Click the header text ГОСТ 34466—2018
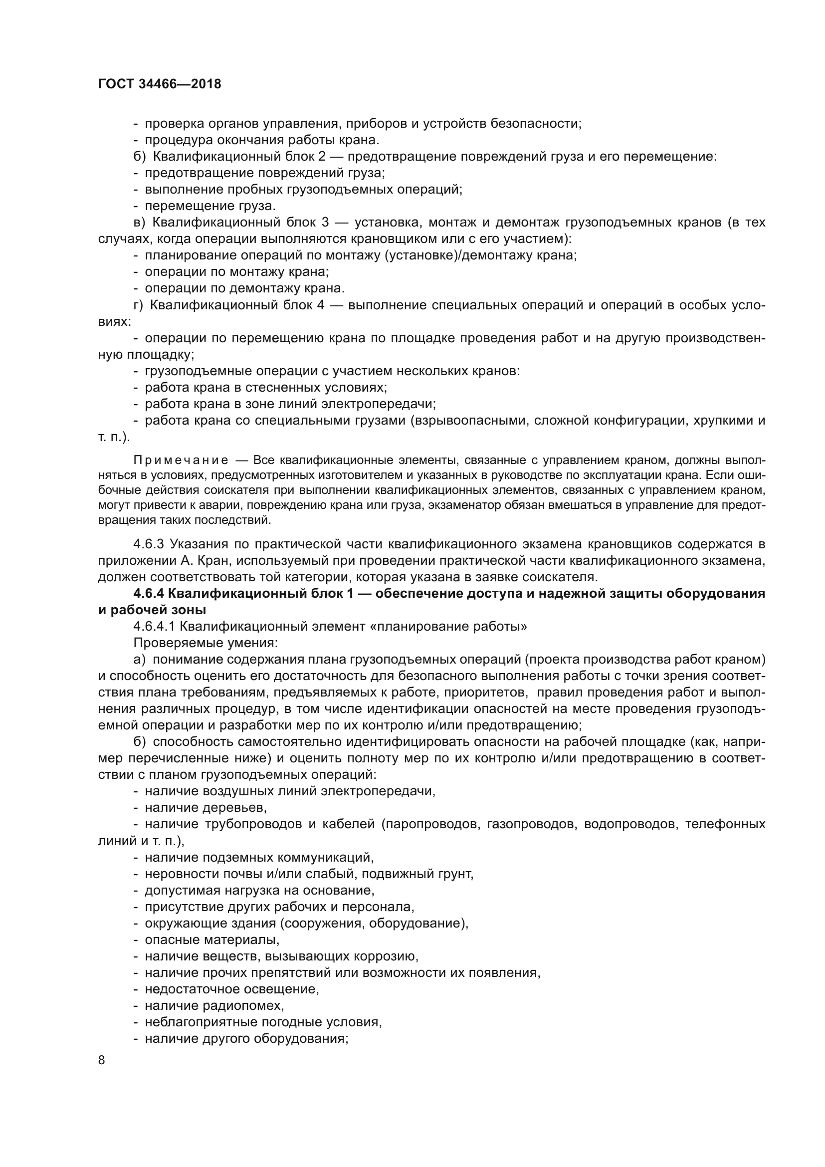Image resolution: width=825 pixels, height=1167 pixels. click(x=160, y=84)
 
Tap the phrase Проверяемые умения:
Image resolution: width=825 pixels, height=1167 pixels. click(x=206, y=643)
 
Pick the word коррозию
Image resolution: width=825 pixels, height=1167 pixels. click(x=389, y=956)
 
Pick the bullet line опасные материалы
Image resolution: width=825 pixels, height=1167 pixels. click(x=212, y=940)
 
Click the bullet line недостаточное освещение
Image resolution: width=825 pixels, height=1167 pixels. click(x=231, y=989)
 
